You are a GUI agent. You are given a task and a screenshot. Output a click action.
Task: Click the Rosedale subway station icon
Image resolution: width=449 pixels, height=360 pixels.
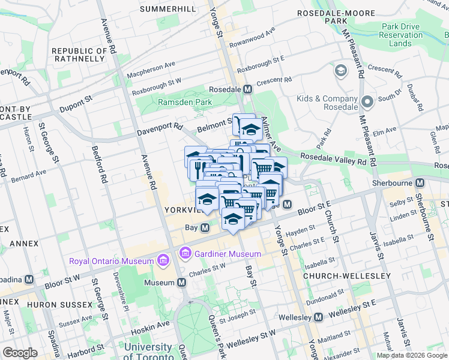[x=247, y=89]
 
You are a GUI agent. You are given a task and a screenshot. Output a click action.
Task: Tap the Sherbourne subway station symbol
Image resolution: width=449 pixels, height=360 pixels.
[x=420, y=181]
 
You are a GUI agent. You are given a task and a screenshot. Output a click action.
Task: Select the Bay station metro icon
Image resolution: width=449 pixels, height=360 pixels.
[x=205, y=228]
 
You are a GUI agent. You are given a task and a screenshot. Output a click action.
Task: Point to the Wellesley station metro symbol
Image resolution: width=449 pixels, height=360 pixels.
[x=319, y=316]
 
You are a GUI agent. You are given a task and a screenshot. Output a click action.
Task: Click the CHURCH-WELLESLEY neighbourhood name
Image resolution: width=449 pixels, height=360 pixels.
[x=347, y=276]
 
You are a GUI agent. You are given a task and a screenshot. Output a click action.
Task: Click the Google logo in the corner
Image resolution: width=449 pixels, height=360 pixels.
[x=20, y=353]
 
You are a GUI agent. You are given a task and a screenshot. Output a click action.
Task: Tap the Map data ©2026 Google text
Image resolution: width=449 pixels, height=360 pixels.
[x=411, y=355]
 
